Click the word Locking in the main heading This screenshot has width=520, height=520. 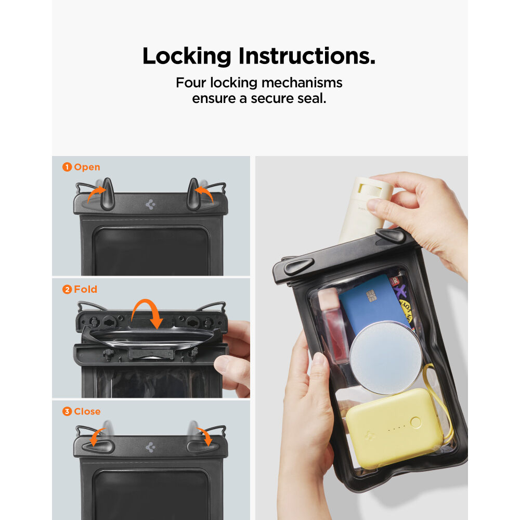pos(187,56)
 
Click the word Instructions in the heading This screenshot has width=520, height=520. pos(307,56)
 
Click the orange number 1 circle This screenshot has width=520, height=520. pos(67,167)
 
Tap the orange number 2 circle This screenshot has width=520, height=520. pos(67,290)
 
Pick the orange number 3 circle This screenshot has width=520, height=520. pos(67,411)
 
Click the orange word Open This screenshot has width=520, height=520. pos(87,167)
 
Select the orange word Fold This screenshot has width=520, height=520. pos(86,289)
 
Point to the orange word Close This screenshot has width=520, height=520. pos(87,411)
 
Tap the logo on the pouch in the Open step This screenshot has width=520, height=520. pos(150,204)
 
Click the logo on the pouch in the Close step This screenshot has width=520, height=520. pos(150,447)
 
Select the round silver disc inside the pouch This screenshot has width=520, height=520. pos(386,357)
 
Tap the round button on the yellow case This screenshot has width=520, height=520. pos(416,422)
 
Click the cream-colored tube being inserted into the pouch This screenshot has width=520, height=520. pos(365,209)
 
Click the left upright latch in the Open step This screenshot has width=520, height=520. pos(108,194)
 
